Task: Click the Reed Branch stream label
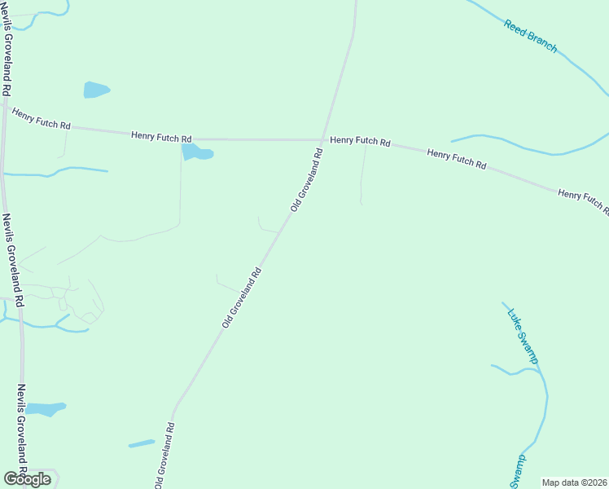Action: point(530,36)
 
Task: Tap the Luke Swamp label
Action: point(523,335)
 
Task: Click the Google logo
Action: point(26,478)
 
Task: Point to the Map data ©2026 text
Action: point(574,482)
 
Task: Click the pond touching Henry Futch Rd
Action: point(196,152)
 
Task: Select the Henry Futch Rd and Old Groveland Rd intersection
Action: point(323,139)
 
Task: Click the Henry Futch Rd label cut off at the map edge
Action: point(583,200)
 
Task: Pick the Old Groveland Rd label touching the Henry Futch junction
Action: point(307,178)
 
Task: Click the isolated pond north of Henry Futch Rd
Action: point(95,90)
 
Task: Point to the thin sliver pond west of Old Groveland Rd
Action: point(142,443)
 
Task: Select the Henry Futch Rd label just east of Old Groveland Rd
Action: point(360,141)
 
